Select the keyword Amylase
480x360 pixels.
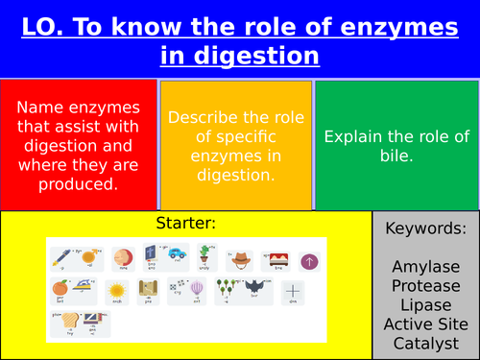click(x=425, y=264)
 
